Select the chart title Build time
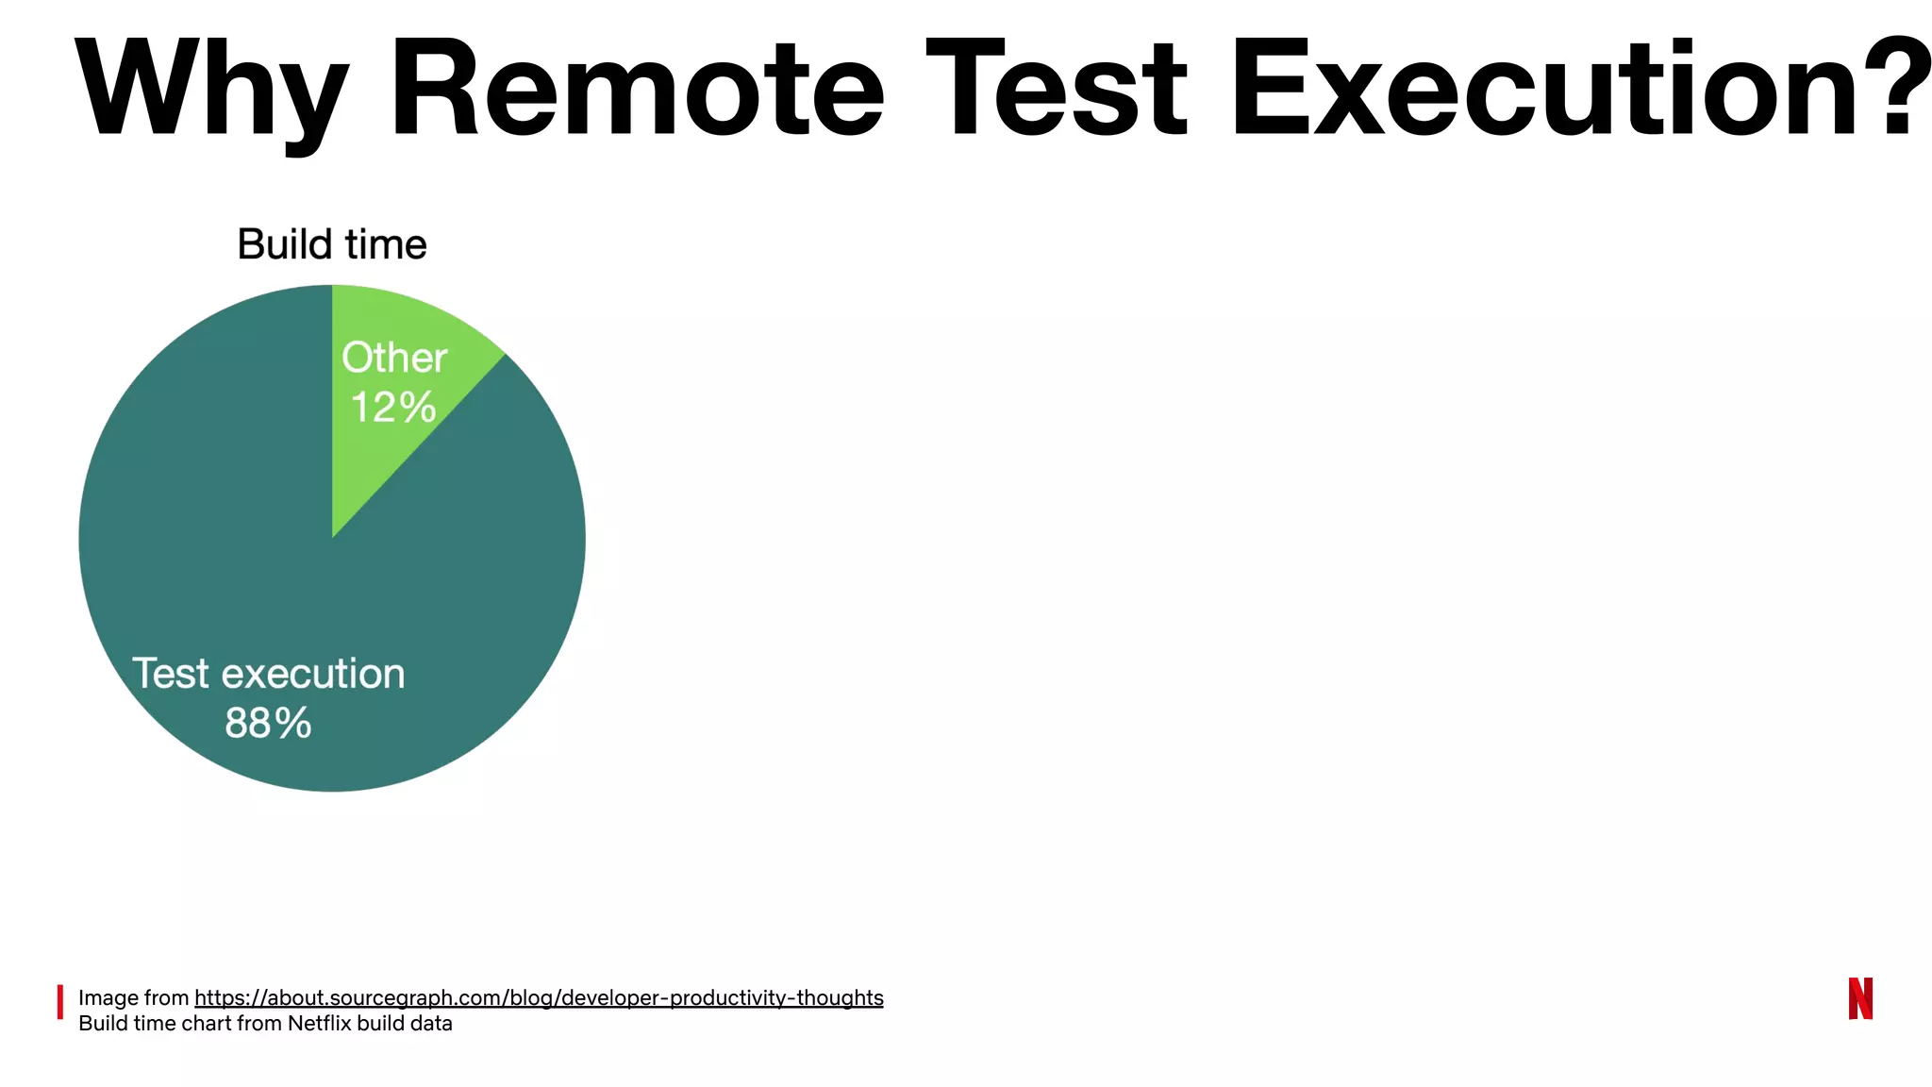click(332, 244)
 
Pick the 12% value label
click(393, 408)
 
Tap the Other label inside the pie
click(394, 358)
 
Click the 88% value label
click(268, 724)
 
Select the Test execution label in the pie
click(268, 674)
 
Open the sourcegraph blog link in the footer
click(539, 997)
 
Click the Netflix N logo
click(1860, 998)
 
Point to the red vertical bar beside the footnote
click(60, 1002)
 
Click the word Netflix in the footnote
click(319, 1024)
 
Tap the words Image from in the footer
click(134, 997)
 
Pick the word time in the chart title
click(386, 244)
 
